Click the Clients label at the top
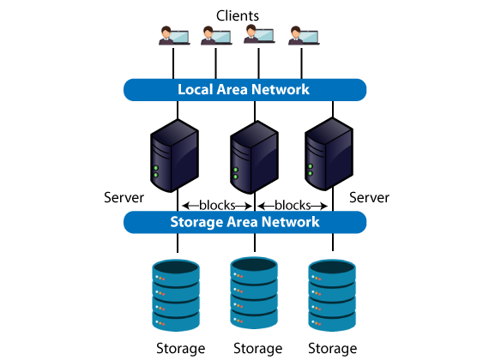pos(238,15)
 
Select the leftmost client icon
pos(174,35)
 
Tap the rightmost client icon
pos(304,35)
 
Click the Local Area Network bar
pos(244,90)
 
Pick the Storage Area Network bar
pos(244,222)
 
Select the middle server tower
pos(254,158)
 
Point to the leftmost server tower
pos(174,155)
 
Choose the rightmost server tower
pos(329,154)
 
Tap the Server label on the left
pos(124,198)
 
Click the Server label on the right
pos(369,198)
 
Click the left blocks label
pos(217,206)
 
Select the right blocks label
pos(293,206)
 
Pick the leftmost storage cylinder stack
pos(176,296)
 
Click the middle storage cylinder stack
pos(254,293)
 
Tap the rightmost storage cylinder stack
pos(332,296)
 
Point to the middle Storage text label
pos(258,349)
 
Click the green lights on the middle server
pos(235,173)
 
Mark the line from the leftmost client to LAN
pos(173,63)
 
